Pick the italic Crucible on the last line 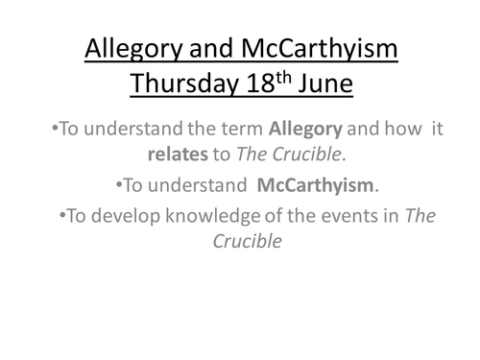click(x=248, y=242)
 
